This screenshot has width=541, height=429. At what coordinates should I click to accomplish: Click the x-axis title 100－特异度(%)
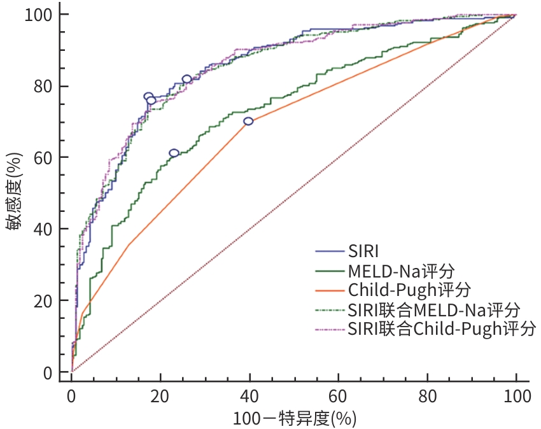(293, 418)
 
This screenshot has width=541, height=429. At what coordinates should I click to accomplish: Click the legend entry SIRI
(363, 250)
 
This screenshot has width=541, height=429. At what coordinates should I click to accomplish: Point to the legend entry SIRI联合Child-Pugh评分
(442, 329)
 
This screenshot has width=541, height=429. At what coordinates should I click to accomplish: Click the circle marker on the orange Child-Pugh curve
(248, 121)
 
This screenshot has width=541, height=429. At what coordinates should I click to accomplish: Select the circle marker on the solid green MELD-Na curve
(174, 153)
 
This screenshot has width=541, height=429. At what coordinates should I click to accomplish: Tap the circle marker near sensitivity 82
(186, 79)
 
